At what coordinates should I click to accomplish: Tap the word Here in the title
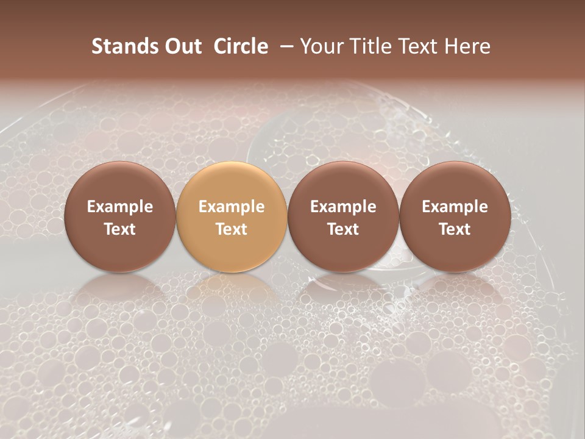click(468, 46)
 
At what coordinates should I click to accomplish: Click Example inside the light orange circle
click(232, 207)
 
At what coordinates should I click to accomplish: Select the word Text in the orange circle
click(232, 229)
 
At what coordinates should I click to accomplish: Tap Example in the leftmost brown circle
click(120, 207)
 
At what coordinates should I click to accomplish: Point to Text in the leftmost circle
click(120, 229)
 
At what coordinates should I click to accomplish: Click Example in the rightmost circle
click(455, 207)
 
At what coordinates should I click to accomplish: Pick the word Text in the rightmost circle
click(455, 229)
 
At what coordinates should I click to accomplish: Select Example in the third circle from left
click(343, 207)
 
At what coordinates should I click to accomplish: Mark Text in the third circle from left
click(343, 229)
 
